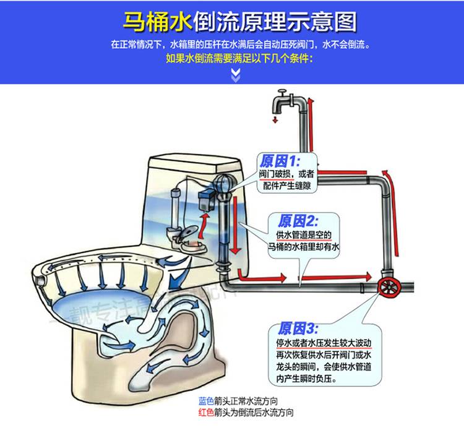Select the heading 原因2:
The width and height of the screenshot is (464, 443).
coord(298,221)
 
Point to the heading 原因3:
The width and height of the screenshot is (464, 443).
coord(298,328)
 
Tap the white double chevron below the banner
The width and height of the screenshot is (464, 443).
coord(235,75)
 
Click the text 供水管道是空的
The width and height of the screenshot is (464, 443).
coord(304,235)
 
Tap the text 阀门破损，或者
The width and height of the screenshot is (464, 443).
coord(286,174)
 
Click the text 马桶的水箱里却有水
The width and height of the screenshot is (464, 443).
coord(304,247)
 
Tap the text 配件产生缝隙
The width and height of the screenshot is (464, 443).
coord(285,186)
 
